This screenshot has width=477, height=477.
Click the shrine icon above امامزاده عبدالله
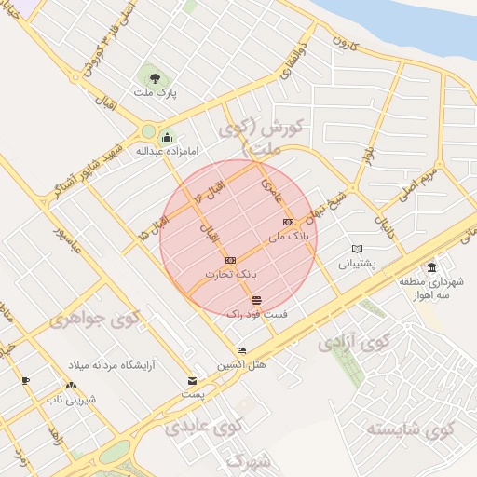[x=166, y=136]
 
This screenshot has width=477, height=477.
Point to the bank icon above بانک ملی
[x=288, y=222]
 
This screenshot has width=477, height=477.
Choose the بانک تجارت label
[x=231, y=275]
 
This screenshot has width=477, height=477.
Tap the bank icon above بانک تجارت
[x=231, y=260]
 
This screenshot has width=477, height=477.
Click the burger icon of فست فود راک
[x=256, y=299]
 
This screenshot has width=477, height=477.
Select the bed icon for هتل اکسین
[x=241, y=350]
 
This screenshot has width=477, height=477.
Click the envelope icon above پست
[x=193, y=381]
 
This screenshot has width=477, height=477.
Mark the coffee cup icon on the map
[x=25, y=380]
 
